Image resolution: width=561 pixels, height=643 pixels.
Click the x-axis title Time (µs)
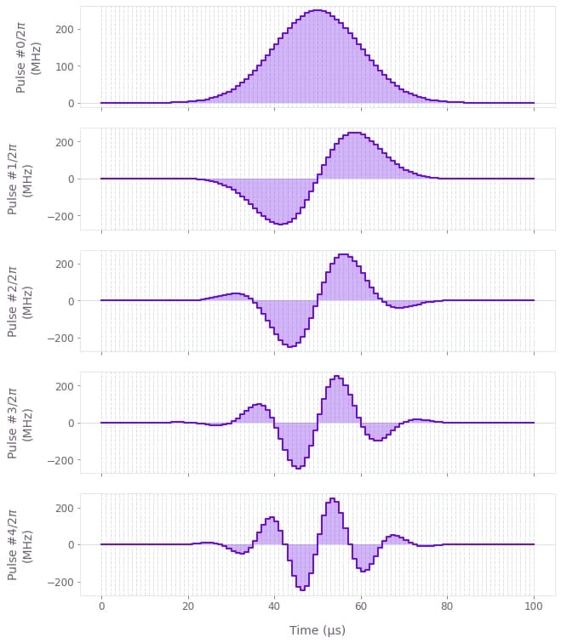(x=317, y=630)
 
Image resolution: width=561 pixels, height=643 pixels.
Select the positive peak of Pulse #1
(x=354, y=133)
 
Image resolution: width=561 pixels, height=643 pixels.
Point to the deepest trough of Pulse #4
(x=302, y=589)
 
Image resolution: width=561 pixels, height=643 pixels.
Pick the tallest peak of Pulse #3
(x=337, y=376)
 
